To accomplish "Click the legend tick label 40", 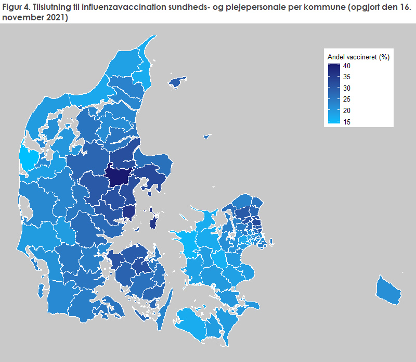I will [346, 66].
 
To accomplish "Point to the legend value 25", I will [346, 99].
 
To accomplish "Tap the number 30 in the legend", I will [346, 88].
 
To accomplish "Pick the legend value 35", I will [346, 77].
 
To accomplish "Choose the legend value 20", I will [346, 110].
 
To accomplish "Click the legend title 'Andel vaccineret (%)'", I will [358, 57].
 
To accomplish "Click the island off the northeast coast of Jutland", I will [178, 81].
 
